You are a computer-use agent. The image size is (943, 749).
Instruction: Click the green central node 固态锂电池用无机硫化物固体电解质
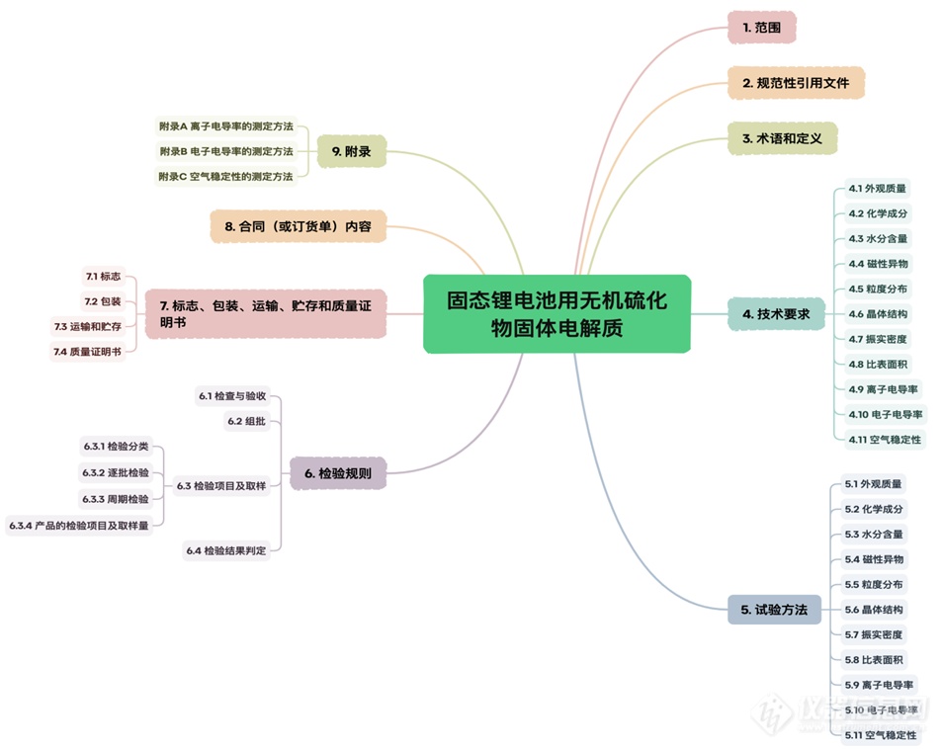(x=557, y=313)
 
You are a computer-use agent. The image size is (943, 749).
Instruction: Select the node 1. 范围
(x=761, y=28)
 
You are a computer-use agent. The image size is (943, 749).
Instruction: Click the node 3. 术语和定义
(x=782, y=139)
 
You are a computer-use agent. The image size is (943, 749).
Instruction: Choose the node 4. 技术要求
(x=776, y=314)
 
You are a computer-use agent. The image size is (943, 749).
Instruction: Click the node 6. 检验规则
(x=338, y=473)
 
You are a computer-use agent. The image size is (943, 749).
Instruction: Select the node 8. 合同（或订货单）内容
(x=298, y=225)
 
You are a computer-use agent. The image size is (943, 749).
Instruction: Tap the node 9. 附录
(x=351, y=152)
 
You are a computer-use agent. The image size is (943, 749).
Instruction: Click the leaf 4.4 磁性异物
(x=878, y=264)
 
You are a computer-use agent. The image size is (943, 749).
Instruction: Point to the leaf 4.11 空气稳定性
(x=885, y=439)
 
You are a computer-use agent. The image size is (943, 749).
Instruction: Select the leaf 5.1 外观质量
(x=873, y=484)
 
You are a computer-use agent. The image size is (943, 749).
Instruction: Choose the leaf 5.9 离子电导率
(x=879, y=684)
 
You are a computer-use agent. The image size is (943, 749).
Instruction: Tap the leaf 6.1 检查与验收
(x=232, y=396)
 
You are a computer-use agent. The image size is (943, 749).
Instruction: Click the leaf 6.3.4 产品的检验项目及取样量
(x=79, y=526)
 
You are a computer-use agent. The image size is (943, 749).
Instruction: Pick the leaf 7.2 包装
(x=102, y=301)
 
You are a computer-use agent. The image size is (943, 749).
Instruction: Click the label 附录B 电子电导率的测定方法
(x=226, y=151)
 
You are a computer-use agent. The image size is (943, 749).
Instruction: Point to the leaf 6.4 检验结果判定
(x=225, y=549)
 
